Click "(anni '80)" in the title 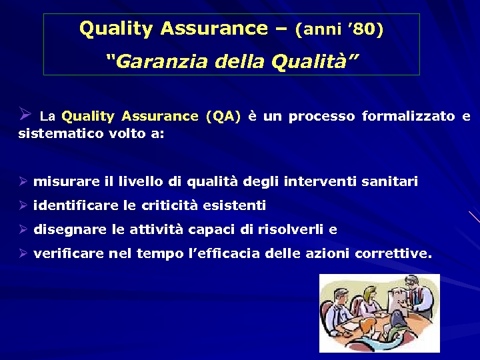click(x=339, y=29)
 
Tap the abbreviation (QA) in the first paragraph click(x=223, y=116)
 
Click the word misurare click(x=66, y=181)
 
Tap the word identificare click(x=72, y=205)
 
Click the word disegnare click(x=70, y=229)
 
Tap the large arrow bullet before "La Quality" click(x=25, y=114)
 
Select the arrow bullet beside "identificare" click(x=22, y=205)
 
